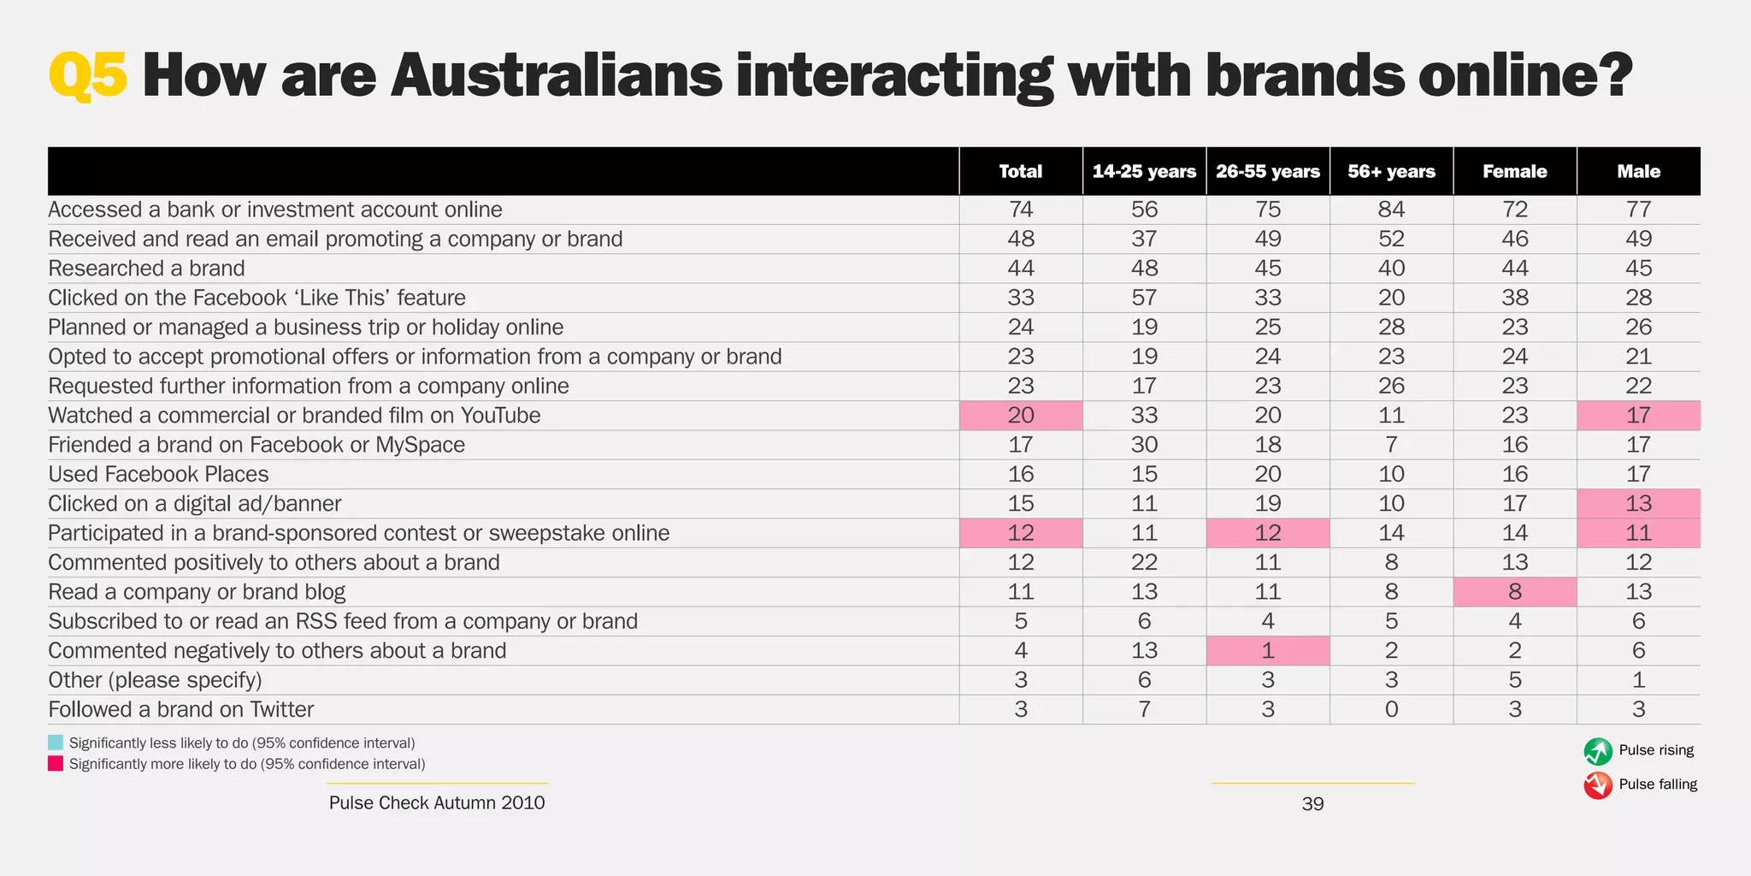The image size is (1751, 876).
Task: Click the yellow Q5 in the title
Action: tap(88, 76)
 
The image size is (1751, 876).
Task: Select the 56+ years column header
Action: tap(1391, 171)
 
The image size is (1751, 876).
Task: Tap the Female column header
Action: tap(1514, 171)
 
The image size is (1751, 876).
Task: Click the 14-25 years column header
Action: tap(1144, 171)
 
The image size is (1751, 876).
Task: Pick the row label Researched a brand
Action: tap(146, 269)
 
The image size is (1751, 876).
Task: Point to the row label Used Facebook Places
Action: tap(158, 474)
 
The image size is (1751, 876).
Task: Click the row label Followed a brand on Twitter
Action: tap(180, 709)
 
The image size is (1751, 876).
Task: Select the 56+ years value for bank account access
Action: tap(1391, 210)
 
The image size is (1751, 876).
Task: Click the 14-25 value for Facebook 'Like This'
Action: tap(1144, 298)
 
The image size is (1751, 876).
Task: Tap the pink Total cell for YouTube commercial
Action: tap(1021, 416)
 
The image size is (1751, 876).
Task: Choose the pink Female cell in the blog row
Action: tap(1514, 592)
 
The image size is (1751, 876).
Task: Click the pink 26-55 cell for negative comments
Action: tap(1268, 651)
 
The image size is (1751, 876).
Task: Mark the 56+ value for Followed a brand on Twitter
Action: tap(1391, 709)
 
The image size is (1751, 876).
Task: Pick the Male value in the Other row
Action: tap(1638, 680)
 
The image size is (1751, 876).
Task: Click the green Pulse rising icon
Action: tap(1597, 751)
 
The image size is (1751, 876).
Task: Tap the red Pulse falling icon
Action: tap(1597, 784)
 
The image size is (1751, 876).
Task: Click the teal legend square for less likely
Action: tap(56, 743)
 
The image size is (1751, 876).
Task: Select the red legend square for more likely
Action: tap(56, 763)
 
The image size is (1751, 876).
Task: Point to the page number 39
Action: tap(1312, 803)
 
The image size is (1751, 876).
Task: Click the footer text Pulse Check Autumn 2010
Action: tap(436, 802)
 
